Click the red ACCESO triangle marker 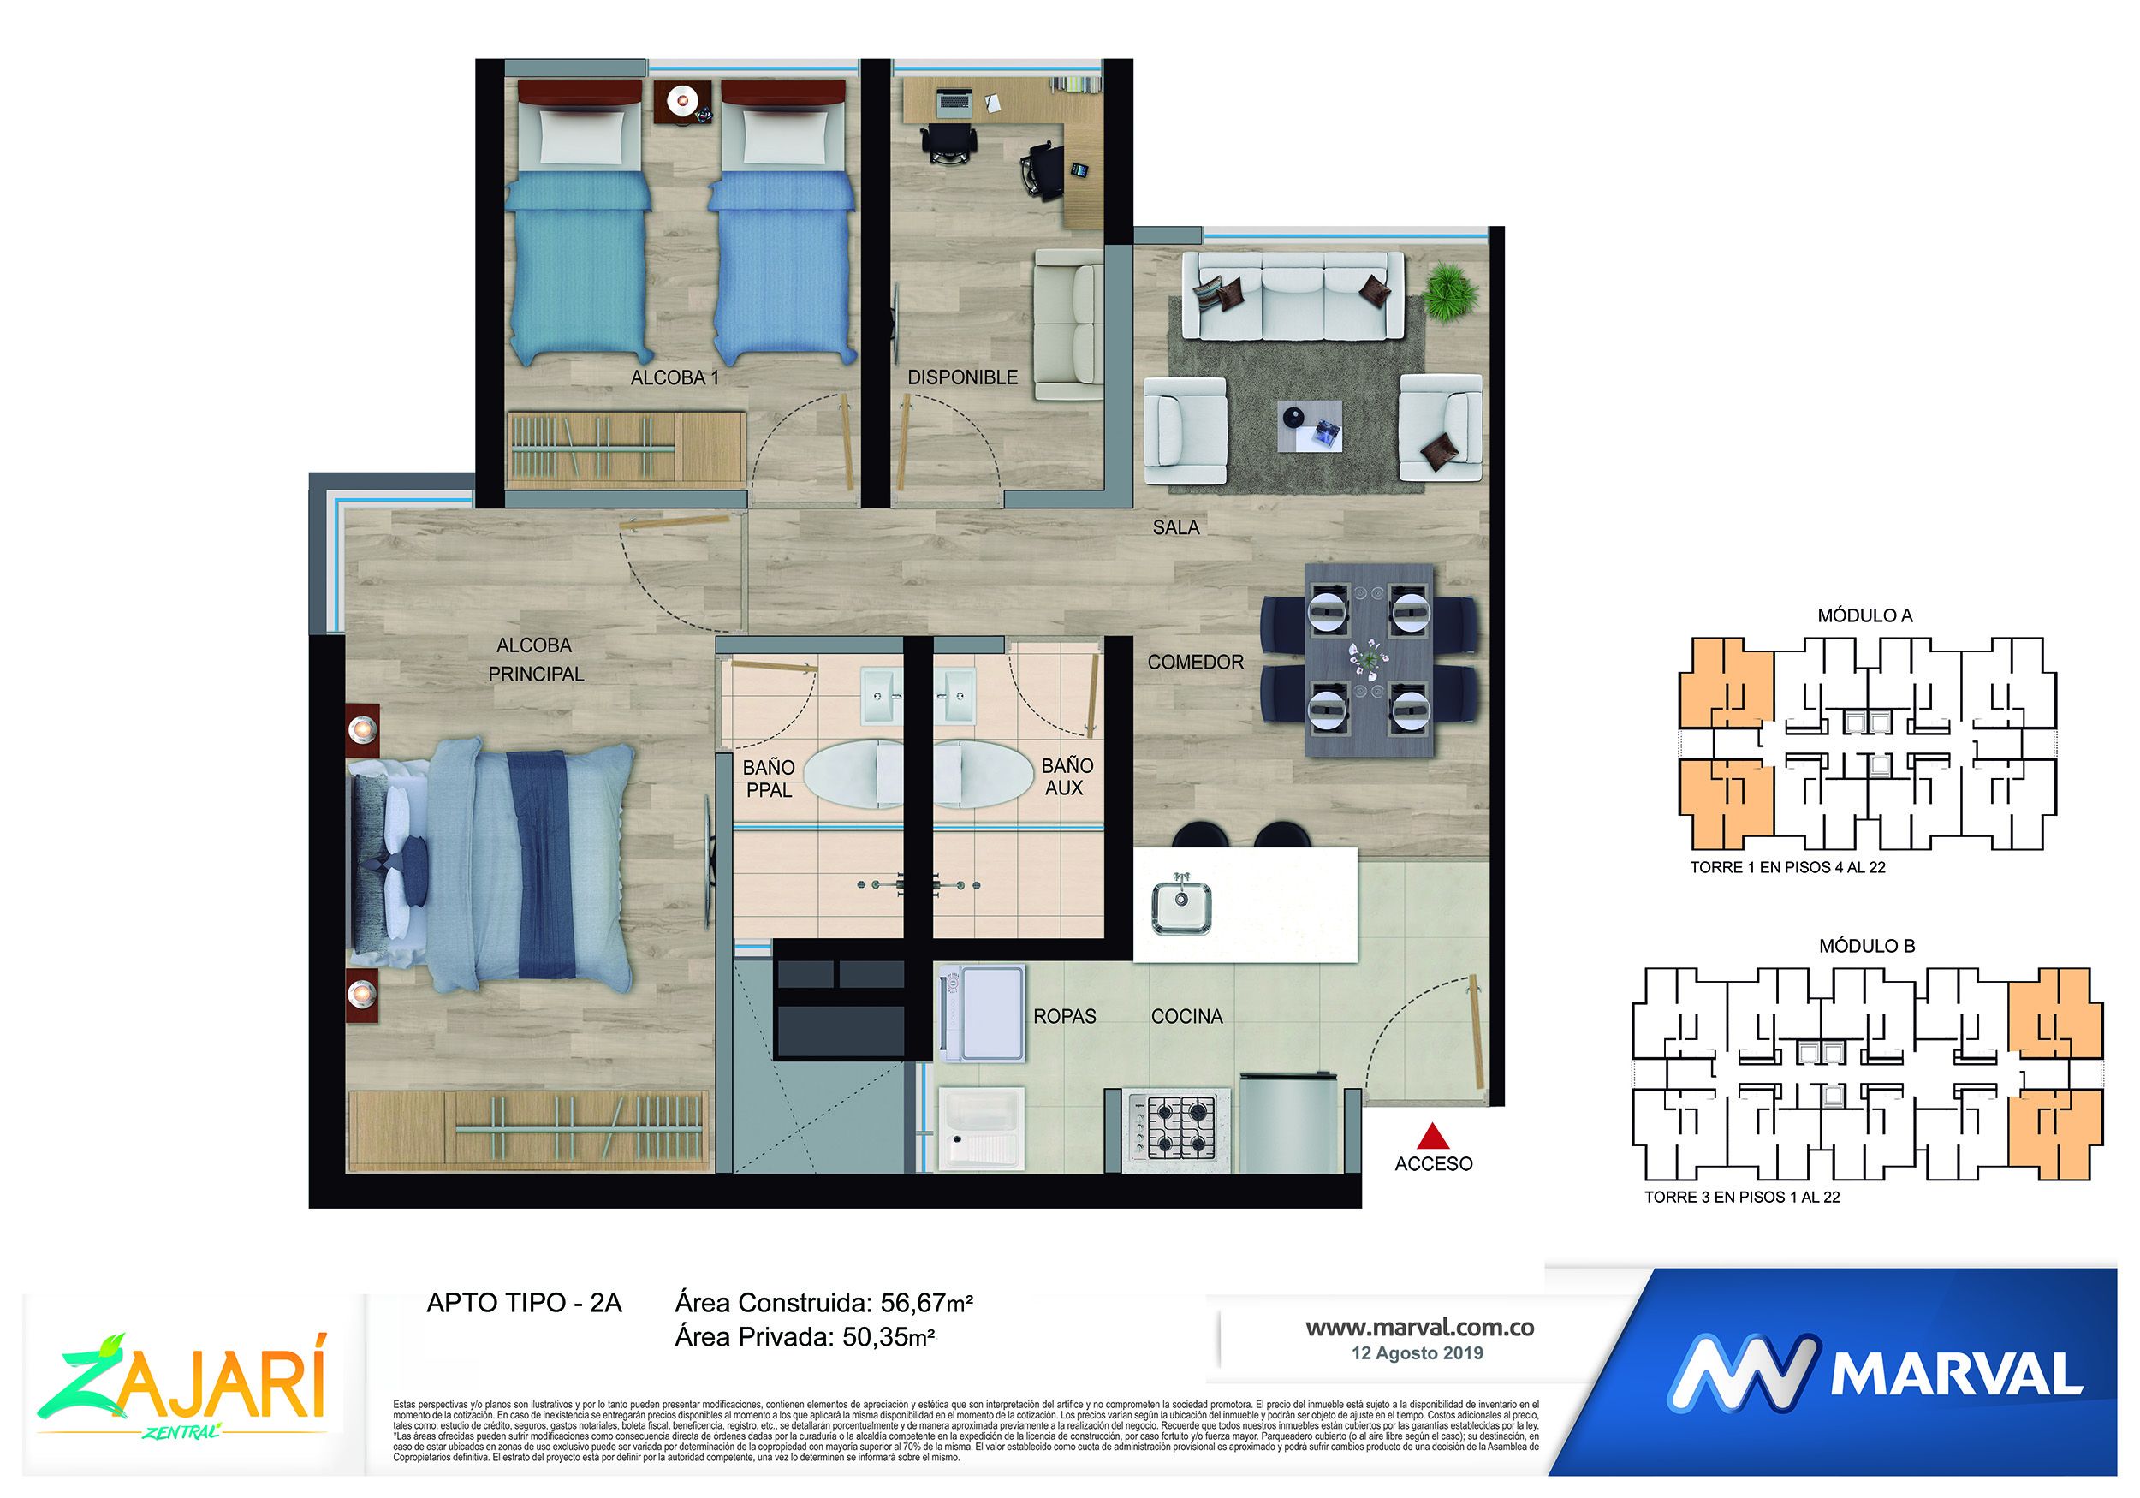(1434, 1136)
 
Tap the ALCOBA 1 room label (674, 378)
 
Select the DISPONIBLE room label (962, 377)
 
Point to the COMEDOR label (1195, 662)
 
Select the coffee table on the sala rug (1310, 426)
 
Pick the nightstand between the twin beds (681, 101)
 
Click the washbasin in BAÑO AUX (955, 694)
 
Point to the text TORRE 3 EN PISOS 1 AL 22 (1741, 1197)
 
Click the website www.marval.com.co (1418, 1328)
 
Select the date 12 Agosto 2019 (1417, 1352)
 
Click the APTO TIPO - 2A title (524, 1302)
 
